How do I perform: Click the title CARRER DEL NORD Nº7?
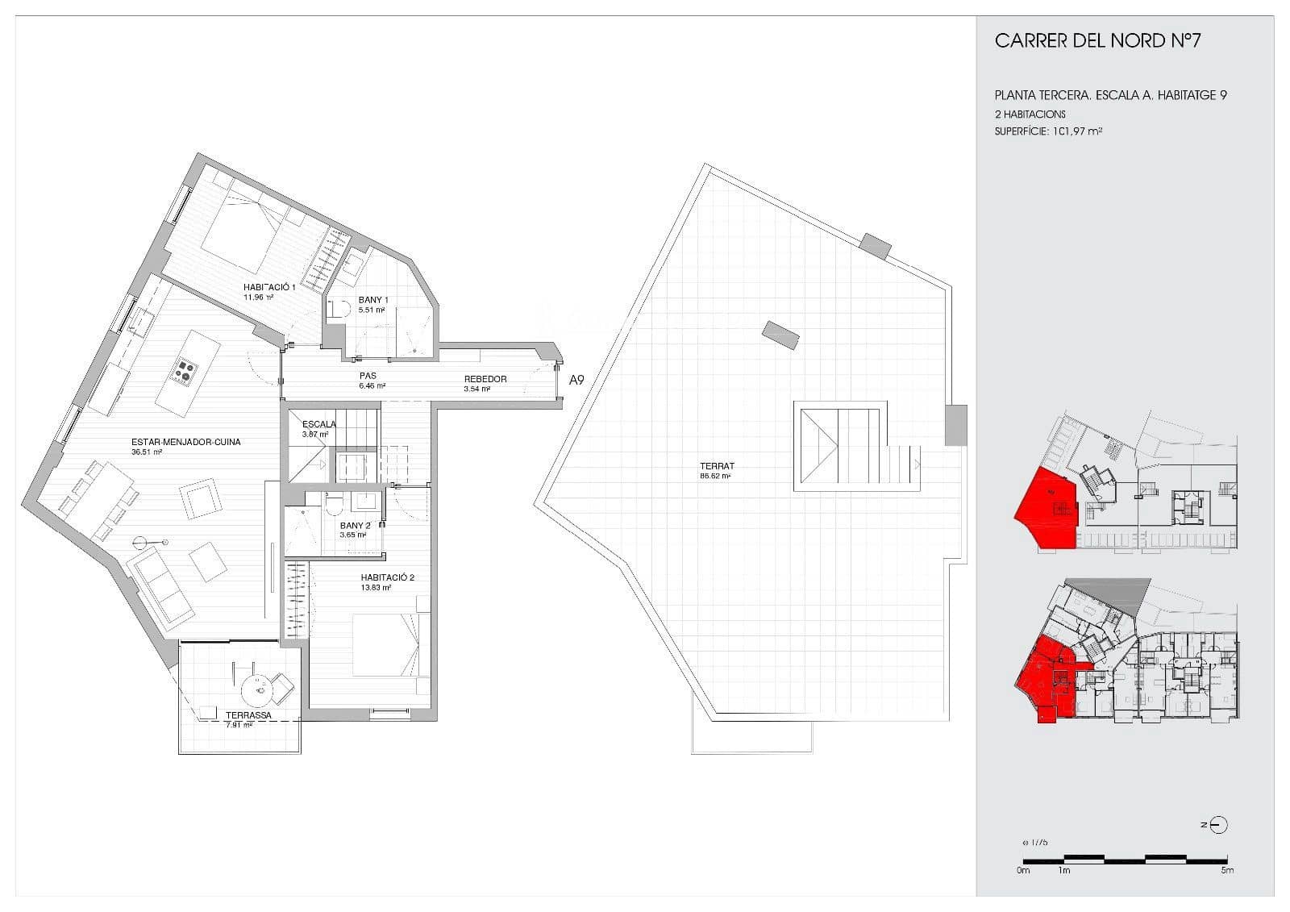click(x=1097, y=41)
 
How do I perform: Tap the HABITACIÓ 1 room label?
click(x=270, y=287)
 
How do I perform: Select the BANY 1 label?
click(x=373, y=300)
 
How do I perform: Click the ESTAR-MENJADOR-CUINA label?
click(x=185, y=442)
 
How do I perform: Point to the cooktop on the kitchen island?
click(x=186, y=370)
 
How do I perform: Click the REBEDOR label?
click(x=485, y=379)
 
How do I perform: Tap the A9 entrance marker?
click(x=576, y=380)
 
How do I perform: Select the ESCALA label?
click(x=319, y=424)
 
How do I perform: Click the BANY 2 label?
click(x=355, y=526)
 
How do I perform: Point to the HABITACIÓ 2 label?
click(x=387, y=577)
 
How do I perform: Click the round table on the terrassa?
click(x=259, y=689)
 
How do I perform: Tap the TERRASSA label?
click(x=248, y=715)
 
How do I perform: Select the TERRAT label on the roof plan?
click(x=717, y=466)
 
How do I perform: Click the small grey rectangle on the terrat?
click(x=781, y=333)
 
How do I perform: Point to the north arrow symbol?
click(x=1219, y=825)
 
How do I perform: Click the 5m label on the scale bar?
click(x=1226, y=870)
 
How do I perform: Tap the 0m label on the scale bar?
click(x=1023, y=870)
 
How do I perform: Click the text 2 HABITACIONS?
click(x=1030, y=115)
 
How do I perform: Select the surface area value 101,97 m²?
click(x=1077, y=131)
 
